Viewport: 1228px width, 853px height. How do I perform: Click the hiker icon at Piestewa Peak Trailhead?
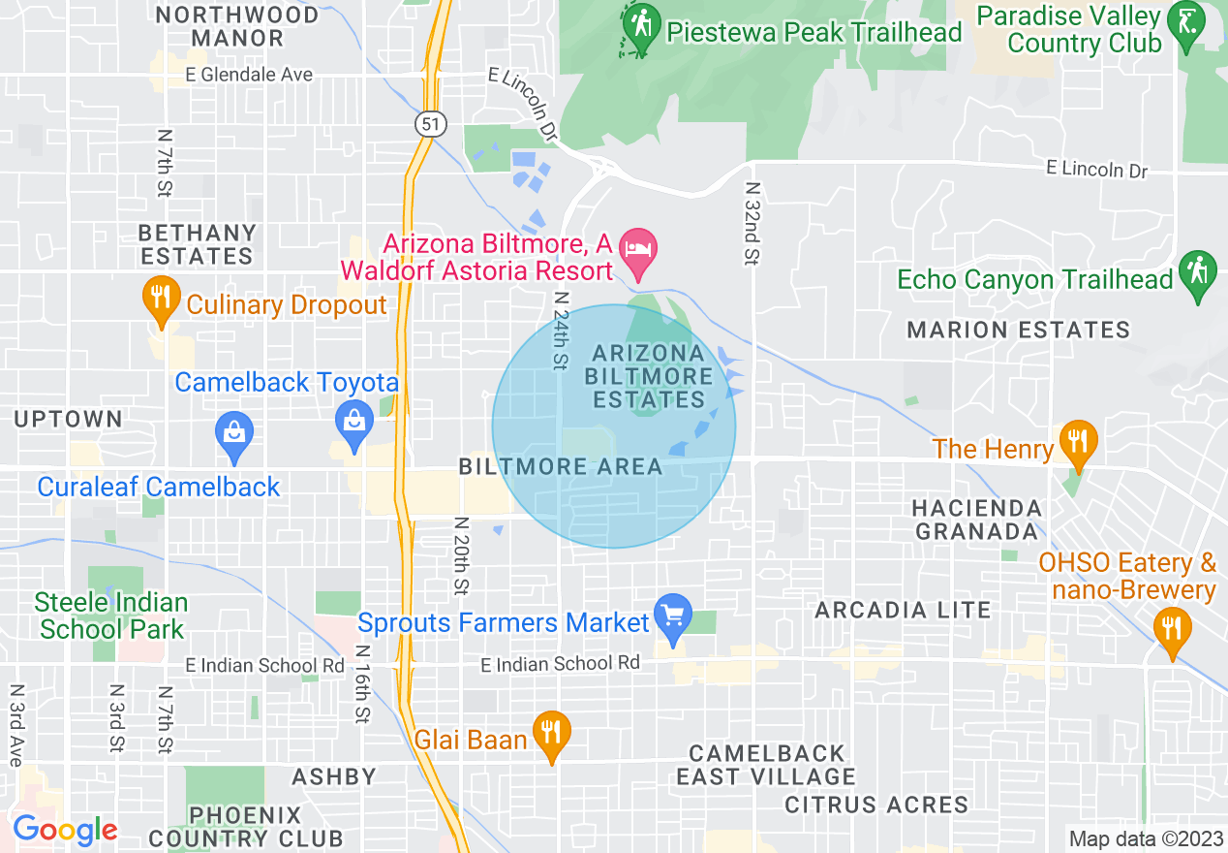(640, 27)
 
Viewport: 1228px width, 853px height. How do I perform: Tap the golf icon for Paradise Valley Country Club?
(1186, 27)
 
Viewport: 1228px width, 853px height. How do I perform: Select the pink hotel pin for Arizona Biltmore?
(639, 247)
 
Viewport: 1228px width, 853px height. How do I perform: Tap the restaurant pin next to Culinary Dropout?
(158, 298)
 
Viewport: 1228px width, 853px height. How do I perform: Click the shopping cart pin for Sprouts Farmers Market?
(672, 615)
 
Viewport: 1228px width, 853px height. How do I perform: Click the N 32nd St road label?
(752, 223)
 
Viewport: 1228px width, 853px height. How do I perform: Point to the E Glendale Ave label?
(251, 75)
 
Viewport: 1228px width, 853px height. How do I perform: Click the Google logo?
(65, 831)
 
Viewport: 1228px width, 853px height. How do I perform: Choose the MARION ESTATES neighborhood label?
(1018, 331)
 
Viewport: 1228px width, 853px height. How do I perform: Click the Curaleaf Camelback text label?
(159, 487)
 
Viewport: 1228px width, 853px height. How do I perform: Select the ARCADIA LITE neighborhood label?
(903, 610)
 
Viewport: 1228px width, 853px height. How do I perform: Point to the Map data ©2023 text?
(1144, 838)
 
